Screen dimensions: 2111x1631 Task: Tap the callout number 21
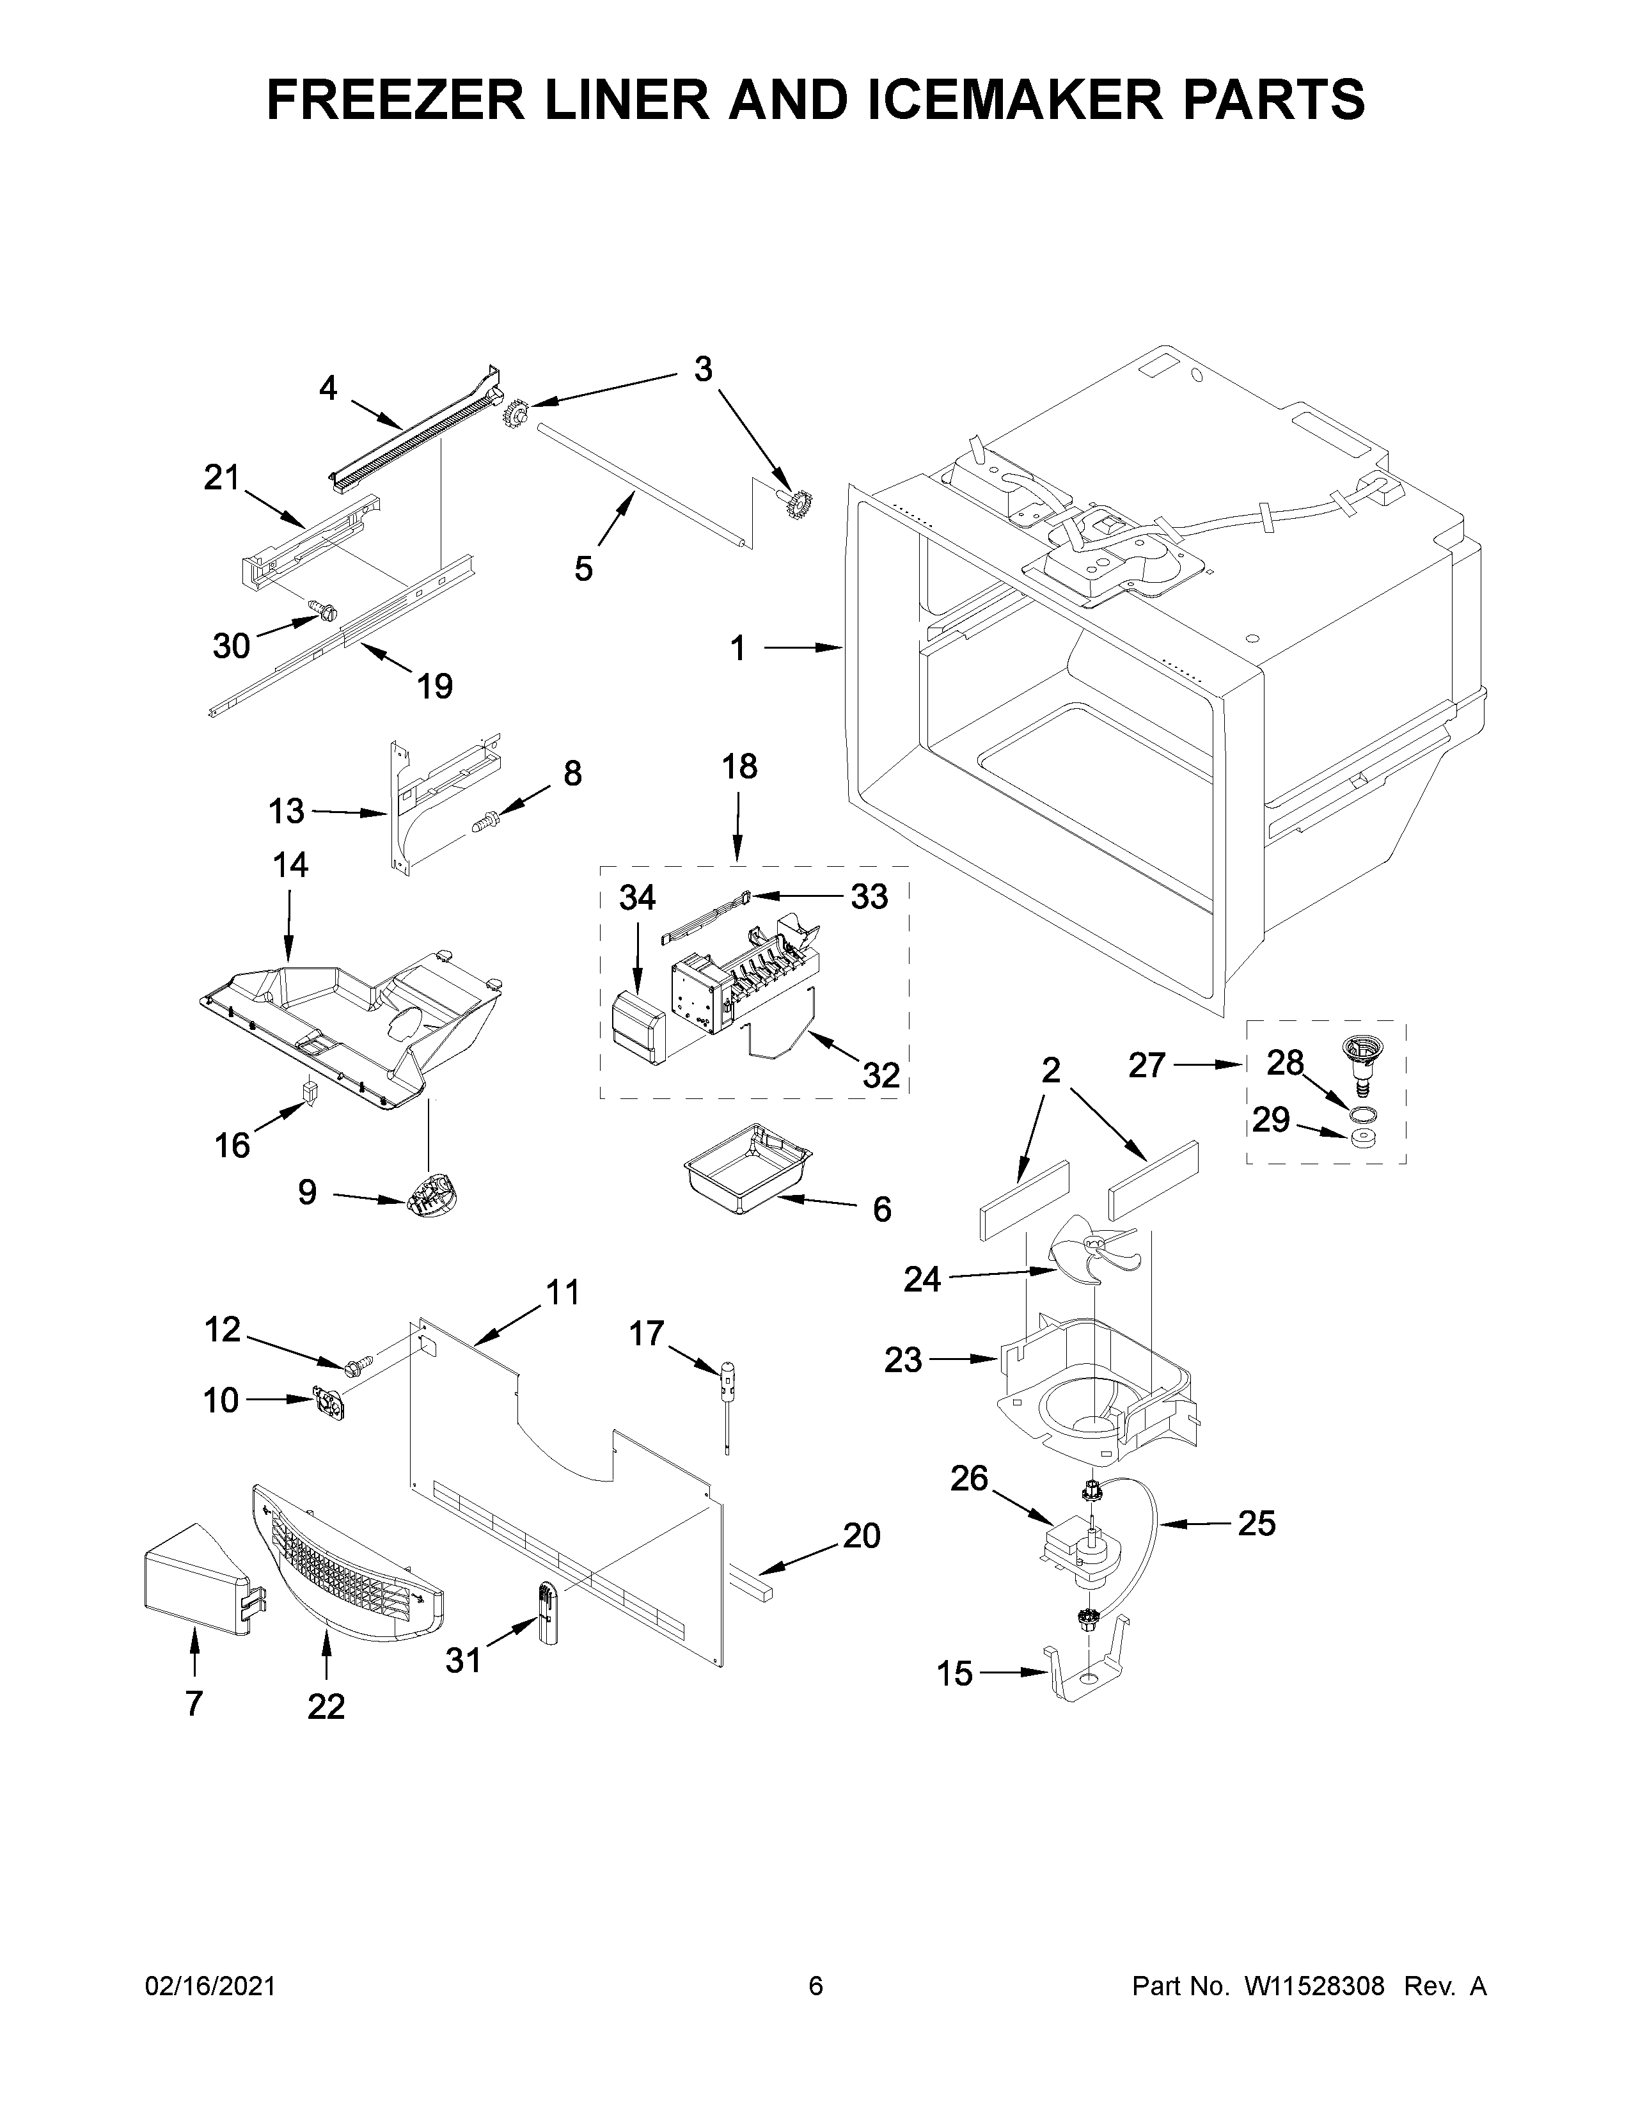(x=221, y=477)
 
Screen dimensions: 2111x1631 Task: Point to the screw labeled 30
(x=324, y=609)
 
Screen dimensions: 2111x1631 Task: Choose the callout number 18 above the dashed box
(x=739, y=766)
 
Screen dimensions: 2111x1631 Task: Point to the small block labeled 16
(x=310, y=1093)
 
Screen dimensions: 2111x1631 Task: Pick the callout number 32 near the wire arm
(x=880, y=1075)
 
